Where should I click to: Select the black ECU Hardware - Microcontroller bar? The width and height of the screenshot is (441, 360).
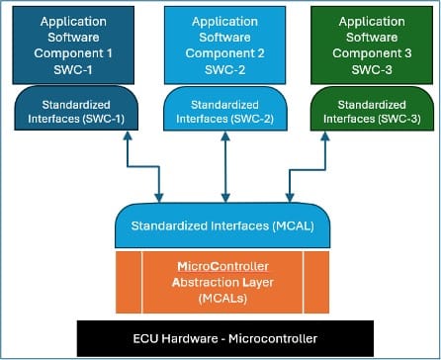tap(220, 338)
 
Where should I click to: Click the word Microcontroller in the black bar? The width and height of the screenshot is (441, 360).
tap(277, 338)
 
